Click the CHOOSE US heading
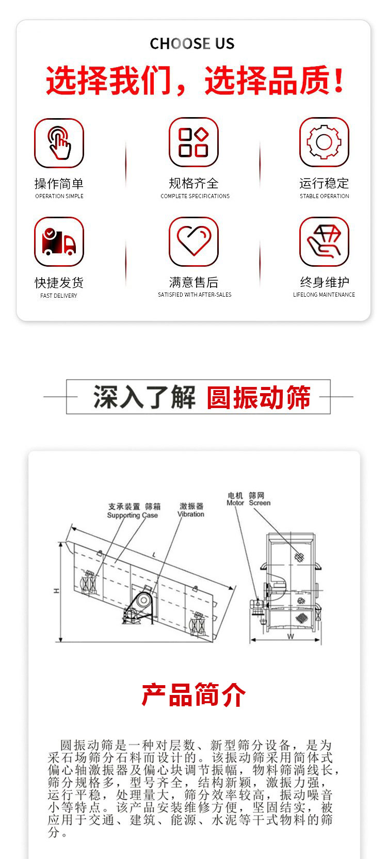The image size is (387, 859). tap(192, 44)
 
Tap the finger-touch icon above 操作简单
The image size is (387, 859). tap(59, 143)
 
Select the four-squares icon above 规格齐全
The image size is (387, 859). tap(193, 142)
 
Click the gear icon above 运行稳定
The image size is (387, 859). tap(324, 142)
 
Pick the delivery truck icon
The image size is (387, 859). tap(59, 241)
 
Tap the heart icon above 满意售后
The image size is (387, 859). tap(193, 241)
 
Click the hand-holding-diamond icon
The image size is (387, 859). tap(324, 241)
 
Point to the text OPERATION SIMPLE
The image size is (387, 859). tap(59, 196)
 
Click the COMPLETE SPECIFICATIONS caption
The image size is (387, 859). tap(195, 196)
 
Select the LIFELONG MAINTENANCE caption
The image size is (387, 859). tap(324, 295)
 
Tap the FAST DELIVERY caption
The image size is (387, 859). tap(59, 296)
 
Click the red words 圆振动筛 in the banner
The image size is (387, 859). tap(259, 397)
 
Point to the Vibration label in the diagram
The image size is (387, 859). tap(190, 514)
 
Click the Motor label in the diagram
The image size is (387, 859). tap(235, 503)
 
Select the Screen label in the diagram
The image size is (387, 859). tap(260, 503)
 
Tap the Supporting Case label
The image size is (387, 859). tap(132, 515)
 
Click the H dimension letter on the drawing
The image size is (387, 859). tap(56, 591)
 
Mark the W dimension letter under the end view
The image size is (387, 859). tap(291, 637)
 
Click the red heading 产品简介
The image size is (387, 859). tap(193, 695)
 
